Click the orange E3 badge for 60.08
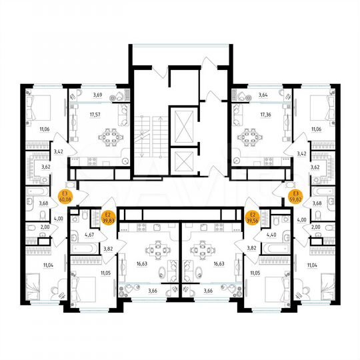click(65, 195)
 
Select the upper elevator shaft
click(181, 123)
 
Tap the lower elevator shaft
click(181, 160)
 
